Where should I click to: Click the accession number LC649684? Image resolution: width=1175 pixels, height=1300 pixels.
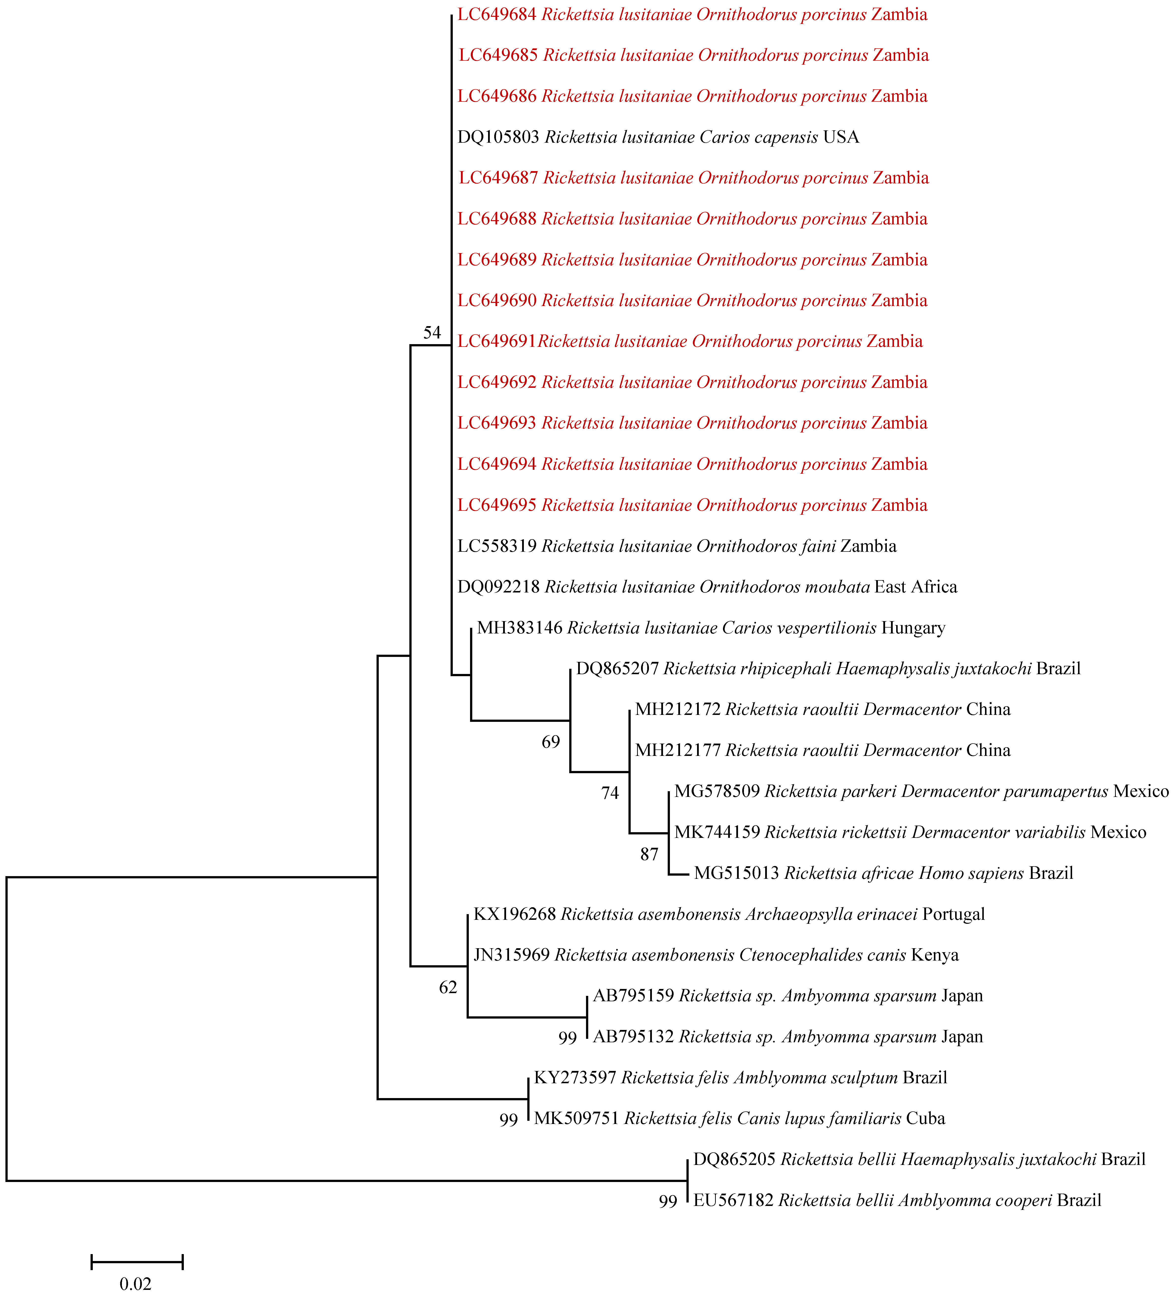click(497, 15)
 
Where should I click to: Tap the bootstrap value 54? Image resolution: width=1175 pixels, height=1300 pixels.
click(432, 333)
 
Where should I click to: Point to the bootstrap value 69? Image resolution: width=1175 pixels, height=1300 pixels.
click(550, 742)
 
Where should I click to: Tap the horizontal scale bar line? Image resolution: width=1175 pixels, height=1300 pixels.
click(137, 1262)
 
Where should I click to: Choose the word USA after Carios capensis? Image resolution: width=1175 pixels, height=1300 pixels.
click(841, 137)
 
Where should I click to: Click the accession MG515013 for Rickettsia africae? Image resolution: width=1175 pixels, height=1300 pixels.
click(736, 874)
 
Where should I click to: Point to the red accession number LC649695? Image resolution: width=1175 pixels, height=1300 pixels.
click(497, 506)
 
